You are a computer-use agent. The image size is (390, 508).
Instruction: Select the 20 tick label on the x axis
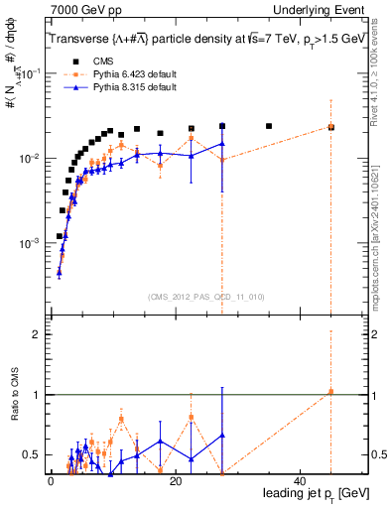[175, 481]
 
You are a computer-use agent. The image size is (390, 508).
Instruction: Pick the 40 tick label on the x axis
[299, 481]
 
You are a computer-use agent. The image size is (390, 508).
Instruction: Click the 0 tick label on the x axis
[51, 481]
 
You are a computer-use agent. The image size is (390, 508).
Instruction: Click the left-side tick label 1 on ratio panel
[37, 395]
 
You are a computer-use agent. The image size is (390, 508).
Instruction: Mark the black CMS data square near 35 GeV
[269, 126]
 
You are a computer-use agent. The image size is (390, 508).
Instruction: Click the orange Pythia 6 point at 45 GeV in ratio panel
[330, 392]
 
